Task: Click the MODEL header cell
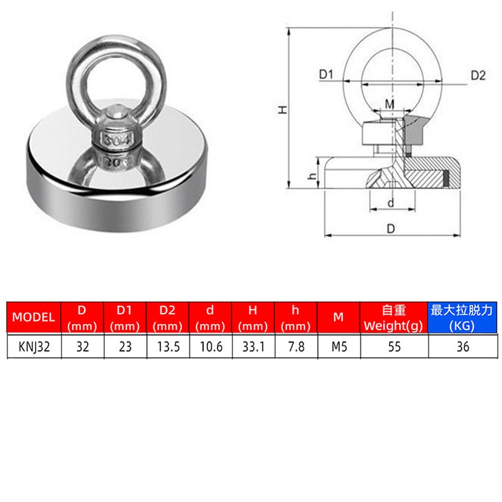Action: [x=33, y=317]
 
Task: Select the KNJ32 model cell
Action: [x=33, y=346]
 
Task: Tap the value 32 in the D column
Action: [x=82, y=346]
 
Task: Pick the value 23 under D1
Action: [x=124, y=346]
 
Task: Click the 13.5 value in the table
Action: [x=168, y=346]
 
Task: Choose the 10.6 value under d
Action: [x=211, y=346]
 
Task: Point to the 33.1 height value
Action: [x=253, y=346]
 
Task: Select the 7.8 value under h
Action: [x=295, y=346]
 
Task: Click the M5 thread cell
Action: [x=339, y=346]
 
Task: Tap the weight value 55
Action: [x=394, y=346]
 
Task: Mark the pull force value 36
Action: [x=462, y=346]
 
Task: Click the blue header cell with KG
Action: [x=462, y=317]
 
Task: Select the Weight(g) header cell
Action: [x=394, y=317]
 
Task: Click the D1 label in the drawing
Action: [x=326, y=75]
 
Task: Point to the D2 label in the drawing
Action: [x=477, y=75]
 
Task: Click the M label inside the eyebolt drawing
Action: [x=390, y=103]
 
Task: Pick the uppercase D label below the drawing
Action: [x=391, y=229]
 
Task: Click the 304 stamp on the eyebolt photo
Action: [x=116, y=140]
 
